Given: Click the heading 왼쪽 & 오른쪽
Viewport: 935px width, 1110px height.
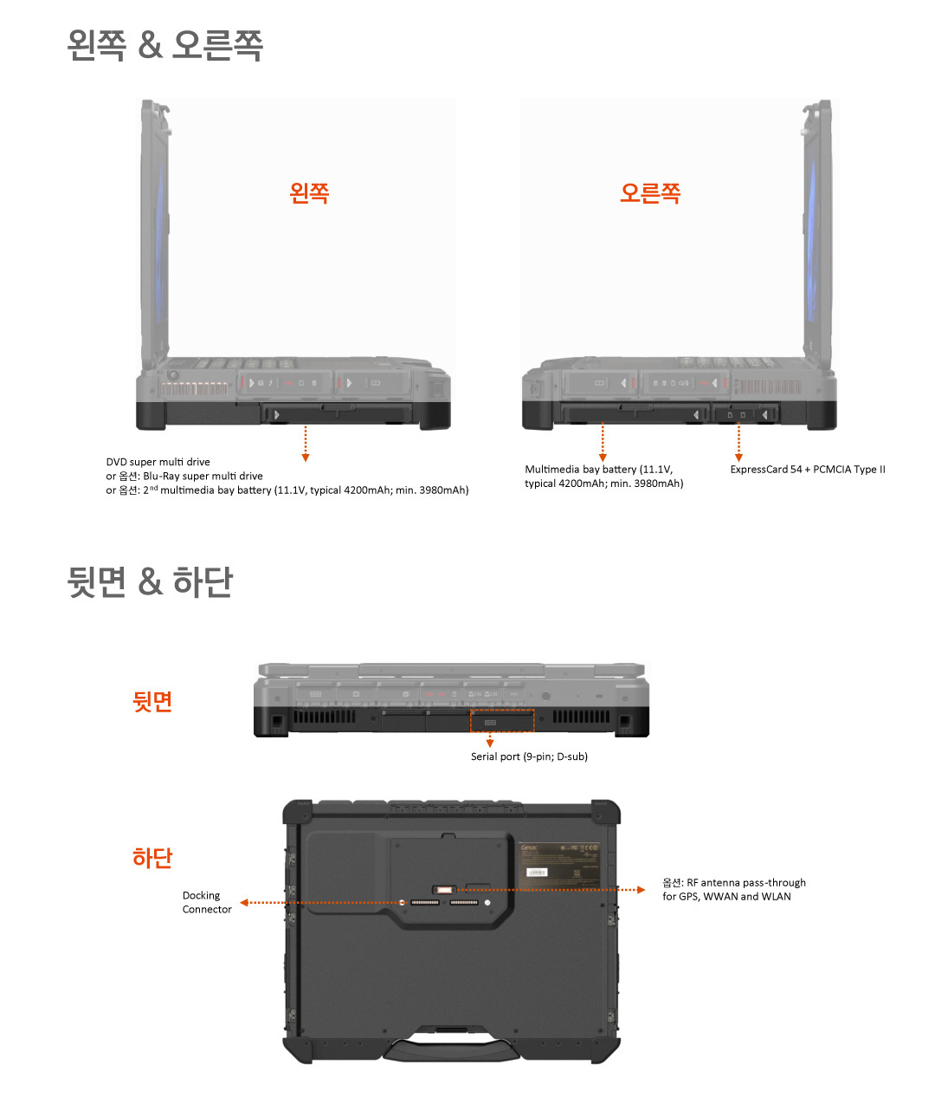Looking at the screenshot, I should click(x=164, y=45).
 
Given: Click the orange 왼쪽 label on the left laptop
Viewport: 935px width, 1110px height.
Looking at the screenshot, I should click(x=309, y=192).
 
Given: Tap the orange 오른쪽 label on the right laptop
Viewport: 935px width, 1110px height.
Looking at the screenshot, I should click(x=649, y=192).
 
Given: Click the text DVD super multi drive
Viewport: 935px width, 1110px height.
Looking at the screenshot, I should click(x=158, y=462).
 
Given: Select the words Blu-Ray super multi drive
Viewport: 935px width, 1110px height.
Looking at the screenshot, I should click(x=203, y=476).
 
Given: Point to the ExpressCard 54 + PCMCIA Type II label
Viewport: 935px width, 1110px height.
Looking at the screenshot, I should click(x=807, y=470).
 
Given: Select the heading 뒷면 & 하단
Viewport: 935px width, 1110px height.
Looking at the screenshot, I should click(x=150, y=581).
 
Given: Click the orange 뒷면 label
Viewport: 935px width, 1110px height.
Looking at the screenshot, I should click(x=152, y=701).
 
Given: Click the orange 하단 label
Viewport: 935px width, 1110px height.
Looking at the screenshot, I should click(x=152, y=858).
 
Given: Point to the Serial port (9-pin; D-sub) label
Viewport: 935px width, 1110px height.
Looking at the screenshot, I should click(x=529, y=756).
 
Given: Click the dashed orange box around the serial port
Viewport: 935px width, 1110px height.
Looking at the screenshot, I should click(x=502, y=721).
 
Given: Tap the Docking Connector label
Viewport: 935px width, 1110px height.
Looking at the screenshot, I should click(x=207, y=902).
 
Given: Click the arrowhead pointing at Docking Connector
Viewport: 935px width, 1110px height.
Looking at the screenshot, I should click(x=244, y=903).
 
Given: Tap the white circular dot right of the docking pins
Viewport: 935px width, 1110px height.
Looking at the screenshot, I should click(x=488, y=903).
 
